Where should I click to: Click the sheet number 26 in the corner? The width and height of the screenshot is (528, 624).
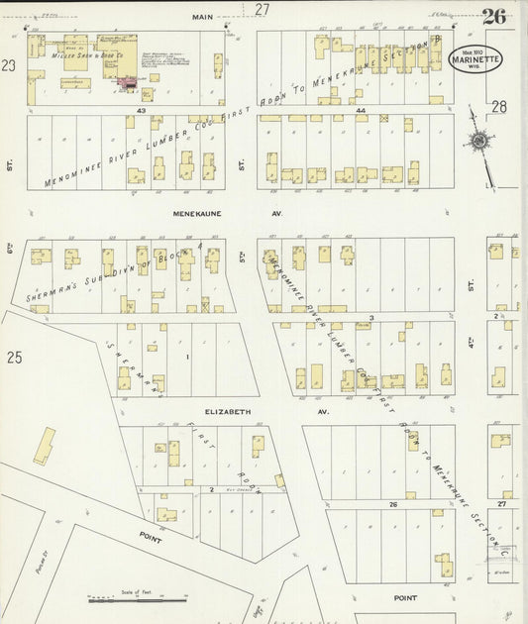(495, 16)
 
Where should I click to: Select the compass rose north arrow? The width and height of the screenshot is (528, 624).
(479, 141)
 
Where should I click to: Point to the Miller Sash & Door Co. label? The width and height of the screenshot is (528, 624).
(93, 57)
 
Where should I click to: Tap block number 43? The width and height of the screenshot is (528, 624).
(142, 110)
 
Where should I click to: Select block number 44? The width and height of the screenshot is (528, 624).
(362, 110)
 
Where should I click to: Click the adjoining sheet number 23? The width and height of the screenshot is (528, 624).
(9, 65)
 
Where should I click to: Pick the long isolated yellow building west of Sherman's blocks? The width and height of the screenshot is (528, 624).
(45, 446)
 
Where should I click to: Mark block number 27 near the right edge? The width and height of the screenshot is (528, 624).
(501, 504)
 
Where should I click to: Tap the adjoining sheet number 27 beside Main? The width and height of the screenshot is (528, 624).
(262, 9)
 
